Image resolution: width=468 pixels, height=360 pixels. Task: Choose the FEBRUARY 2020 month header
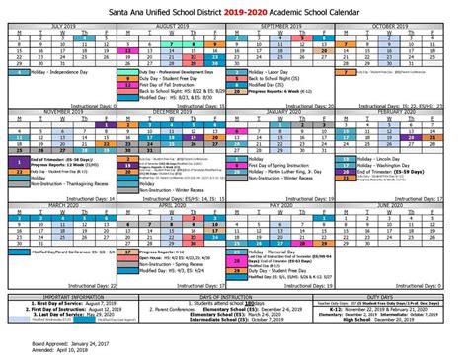[x=409, y=111]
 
